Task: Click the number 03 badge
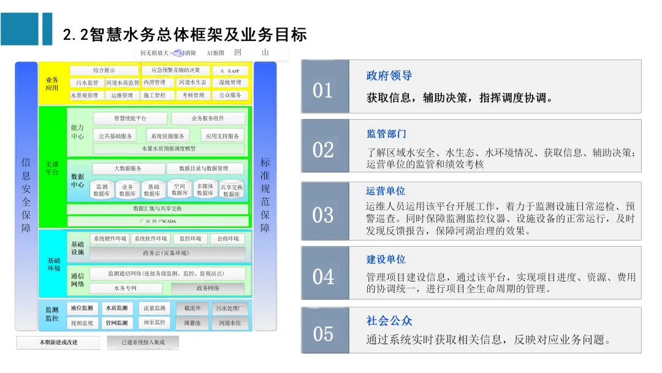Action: pyautogui.click(x=323, y=215)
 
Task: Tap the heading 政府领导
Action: pyautogui.click(x=389, y=75)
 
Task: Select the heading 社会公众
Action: pyautogui.click(x=389, y=320)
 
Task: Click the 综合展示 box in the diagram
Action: pyautogui.click(x=104, y=71)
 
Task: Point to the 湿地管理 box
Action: pyautogui.click(x=230, y=82)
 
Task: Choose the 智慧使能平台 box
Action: pyautogui.click(x=131, y=118)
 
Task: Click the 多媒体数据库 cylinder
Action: pyautogui.click(x=205, y=190)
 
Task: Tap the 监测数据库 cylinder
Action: pyautogui.click(x=102, y=190)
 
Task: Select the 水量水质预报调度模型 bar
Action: pyautogui.click(x=169, y=148)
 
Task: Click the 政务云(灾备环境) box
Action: pyautogui.click(x=167, y=253)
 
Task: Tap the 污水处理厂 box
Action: pyautogui.click(x=229, y=308)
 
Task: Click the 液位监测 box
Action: pyautogui.click(x=82, y=308)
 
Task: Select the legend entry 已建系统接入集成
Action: pyautogui.click(x=143, y=342)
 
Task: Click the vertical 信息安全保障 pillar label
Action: pyautogui.click(x=26, y=195)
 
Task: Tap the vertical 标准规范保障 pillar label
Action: pyautogui.click(x=265, y=195)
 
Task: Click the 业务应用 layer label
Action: pyautogui.click(x=52, y=83)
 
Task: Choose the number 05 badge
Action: pyautogui.click(x=323, y=334)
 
